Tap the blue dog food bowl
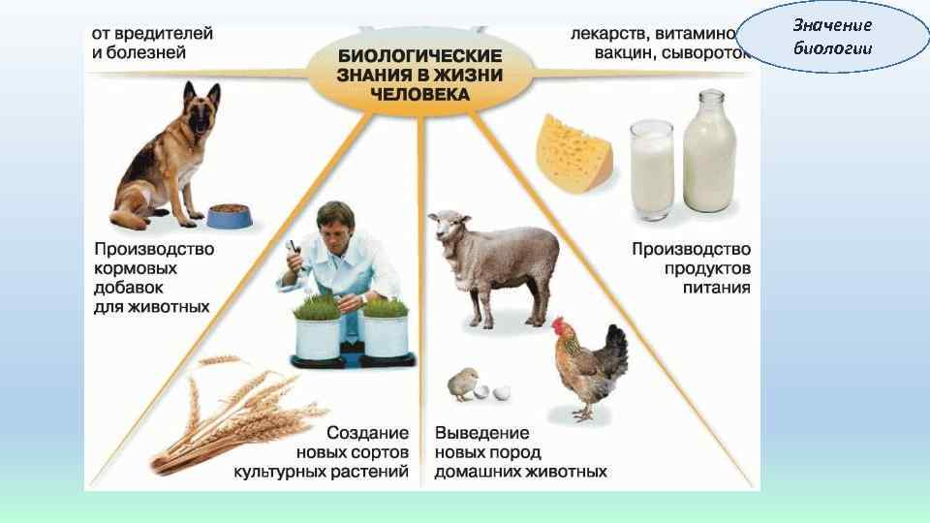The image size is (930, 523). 229,215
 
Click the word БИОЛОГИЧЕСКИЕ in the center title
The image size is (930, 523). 419,56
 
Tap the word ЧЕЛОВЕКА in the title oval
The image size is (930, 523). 419,95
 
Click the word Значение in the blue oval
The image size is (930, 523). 832,25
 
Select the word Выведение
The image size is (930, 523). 481,433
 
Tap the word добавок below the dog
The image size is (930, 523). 129,288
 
